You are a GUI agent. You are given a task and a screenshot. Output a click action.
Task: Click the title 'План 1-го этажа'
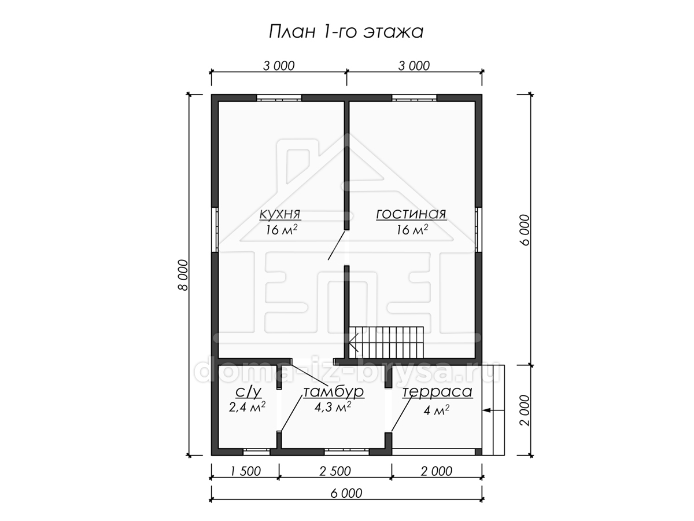click(x=346, y=32)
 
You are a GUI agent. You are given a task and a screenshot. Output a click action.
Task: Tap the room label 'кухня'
click(x=280, y=214)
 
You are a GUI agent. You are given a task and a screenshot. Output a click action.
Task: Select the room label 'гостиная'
click(x=411, y=214)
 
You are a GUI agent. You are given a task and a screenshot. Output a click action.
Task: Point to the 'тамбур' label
click(x=334, y=392)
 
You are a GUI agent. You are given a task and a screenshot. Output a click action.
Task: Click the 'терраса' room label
click(x=437, y=392)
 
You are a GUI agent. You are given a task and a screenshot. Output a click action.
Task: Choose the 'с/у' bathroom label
click(x=248, y=392)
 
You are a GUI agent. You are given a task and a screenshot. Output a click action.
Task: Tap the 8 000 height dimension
click(x=183, y=275)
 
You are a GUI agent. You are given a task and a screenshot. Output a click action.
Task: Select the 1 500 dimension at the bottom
click(x=245, y=471)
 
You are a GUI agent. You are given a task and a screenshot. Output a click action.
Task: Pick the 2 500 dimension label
click(x=335, y=471)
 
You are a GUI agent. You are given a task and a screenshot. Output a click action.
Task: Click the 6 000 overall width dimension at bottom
click(x=346, y=493)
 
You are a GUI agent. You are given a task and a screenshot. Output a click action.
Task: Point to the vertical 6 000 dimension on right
click(x=523, y=230)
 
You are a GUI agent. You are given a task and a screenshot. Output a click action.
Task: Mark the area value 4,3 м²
click(x=333, y=407)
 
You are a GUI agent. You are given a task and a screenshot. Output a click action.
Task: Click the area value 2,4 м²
click(x=247, y=407)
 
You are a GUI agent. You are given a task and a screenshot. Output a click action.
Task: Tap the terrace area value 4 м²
click(x=436, y=410)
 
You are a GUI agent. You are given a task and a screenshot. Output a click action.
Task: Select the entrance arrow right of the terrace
click(x=493, y=410)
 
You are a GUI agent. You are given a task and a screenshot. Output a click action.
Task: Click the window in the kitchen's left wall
click(x=215, y=230)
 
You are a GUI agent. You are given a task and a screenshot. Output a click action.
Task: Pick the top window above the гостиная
click(x=414, y=98)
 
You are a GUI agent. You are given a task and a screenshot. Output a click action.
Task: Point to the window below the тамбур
click(x=346, y=452)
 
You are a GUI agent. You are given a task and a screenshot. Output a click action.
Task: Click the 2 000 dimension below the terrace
click(x=436, y=471)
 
